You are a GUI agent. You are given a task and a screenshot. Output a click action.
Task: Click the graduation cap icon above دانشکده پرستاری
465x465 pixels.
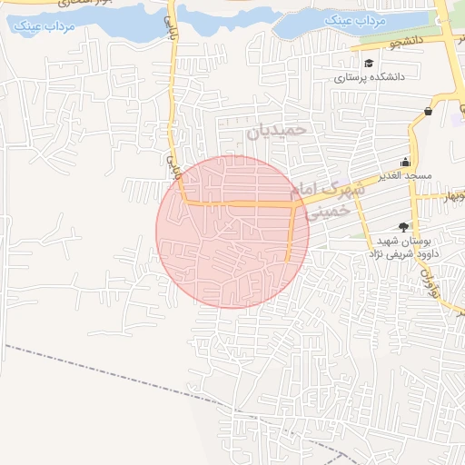click(370, 63)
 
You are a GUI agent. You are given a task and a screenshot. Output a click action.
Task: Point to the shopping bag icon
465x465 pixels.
click(428, 111)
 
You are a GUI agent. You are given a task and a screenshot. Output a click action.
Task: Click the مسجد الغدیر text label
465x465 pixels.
click(406, 173)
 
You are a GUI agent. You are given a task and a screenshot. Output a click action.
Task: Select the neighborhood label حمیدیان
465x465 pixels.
click(278, 131)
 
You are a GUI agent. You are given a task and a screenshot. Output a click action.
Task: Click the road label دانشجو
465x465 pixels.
click(402, 42)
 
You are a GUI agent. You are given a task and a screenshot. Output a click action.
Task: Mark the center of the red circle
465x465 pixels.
click(232, 232)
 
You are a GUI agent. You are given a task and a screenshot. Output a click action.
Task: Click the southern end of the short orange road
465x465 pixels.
click(288, 261)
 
